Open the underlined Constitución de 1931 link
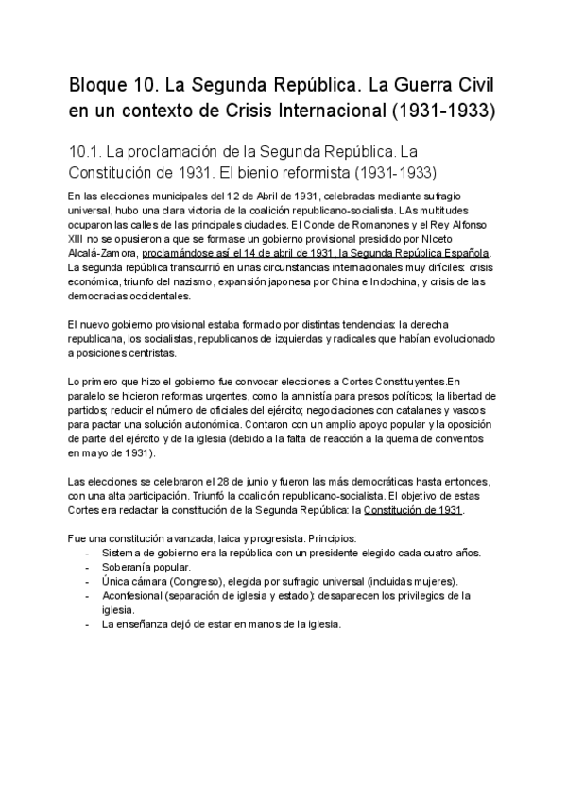(413, 508)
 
